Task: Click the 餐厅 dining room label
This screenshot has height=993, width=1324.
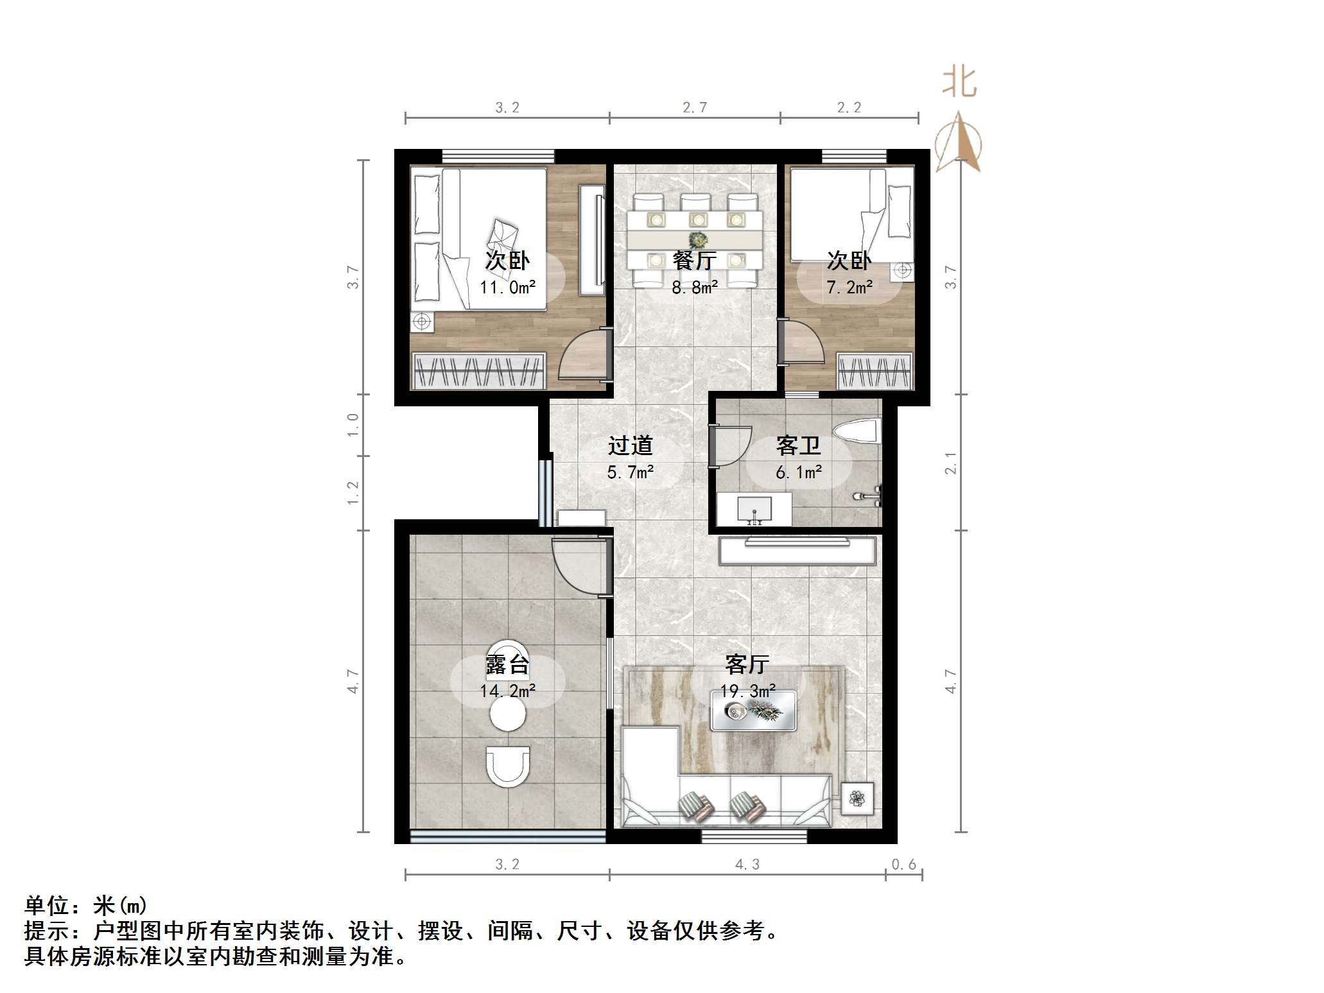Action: tap(694, 261)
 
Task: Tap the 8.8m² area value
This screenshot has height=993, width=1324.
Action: tap(694, 288)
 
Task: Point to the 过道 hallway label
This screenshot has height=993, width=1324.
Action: tap(630, 445)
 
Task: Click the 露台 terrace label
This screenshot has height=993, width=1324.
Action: tap(507, 664)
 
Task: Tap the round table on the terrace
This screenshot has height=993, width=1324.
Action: tap(508, 714)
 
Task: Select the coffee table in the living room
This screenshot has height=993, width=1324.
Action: tap(754, 710)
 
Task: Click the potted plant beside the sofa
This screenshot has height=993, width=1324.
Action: tap(857, 799)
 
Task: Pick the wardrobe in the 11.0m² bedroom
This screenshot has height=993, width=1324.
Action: tap(478, 371)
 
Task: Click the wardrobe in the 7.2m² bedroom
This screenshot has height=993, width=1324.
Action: tap(875, 372)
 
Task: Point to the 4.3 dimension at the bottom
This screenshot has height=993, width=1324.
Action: tap(747, 865)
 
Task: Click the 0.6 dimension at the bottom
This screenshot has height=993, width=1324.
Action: tap(904, 865)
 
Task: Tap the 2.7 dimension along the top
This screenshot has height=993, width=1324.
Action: tap(695, 108)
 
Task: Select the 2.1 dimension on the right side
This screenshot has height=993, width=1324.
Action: tap(950, 463)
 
